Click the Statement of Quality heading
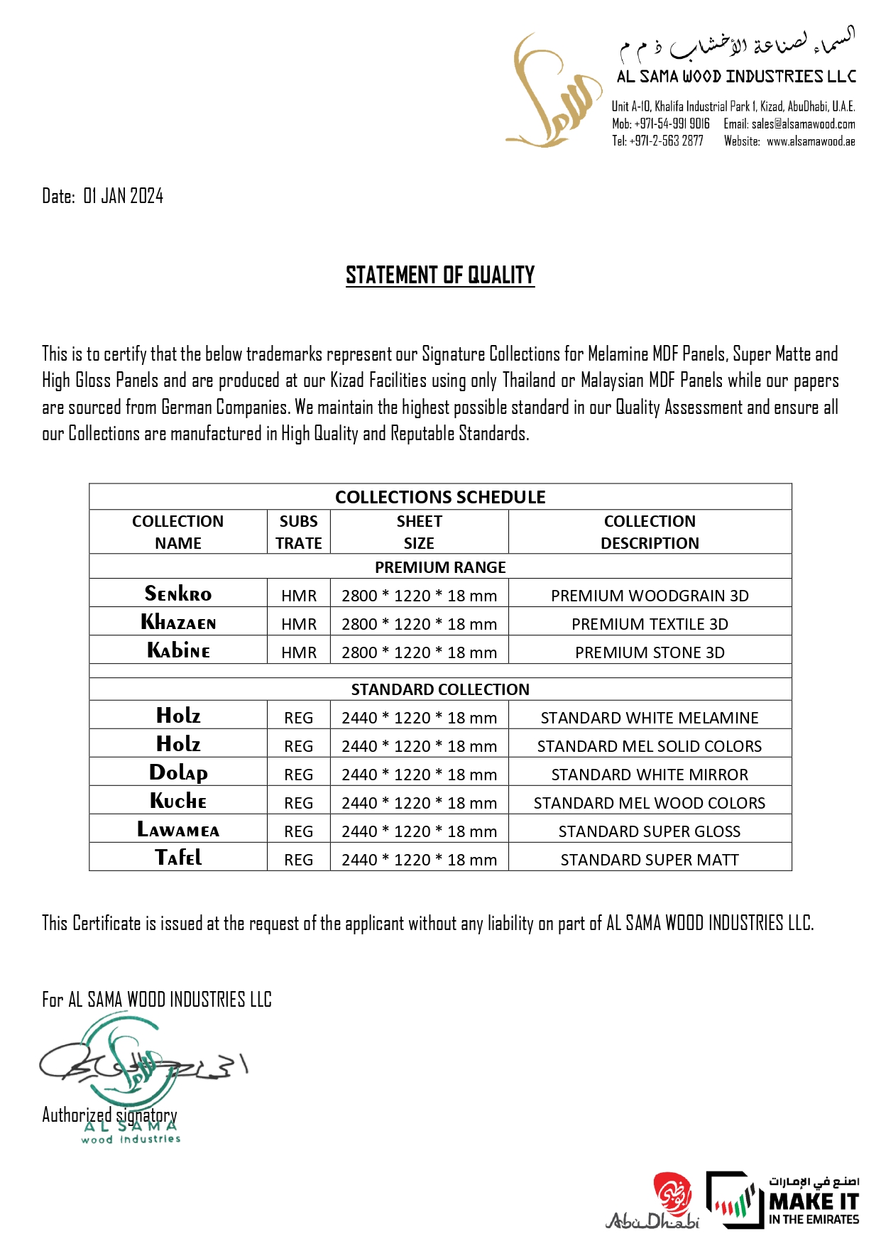440,275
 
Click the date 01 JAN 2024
123,196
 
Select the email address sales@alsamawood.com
803,124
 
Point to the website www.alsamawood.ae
810,141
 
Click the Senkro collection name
178,594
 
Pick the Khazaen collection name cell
178,623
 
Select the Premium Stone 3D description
650,652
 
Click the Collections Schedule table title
440,497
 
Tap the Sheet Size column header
419,532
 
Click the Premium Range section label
440,567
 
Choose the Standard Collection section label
440,689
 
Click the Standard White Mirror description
650,775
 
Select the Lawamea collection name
178,830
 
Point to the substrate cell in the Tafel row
298,860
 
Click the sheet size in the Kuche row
419,803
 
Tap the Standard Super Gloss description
650,831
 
